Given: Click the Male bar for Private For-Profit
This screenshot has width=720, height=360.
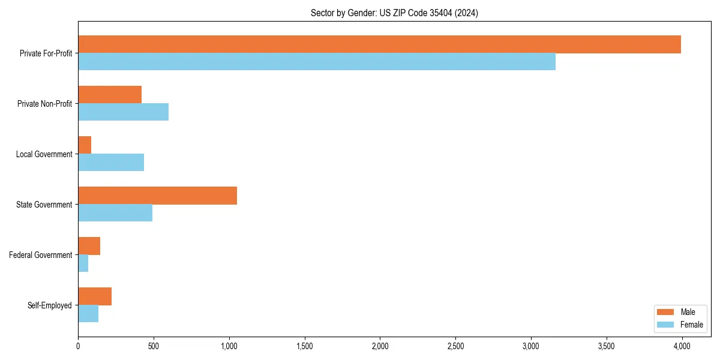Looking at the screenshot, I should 379,44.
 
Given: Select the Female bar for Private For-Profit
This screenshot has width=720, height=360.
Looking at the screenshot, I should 317,62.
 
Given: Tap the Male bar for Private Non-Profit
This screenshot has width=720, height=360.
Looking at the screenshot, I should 110,95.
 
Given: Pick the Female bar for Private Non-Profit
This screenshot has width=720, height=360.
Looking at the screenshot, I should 123,112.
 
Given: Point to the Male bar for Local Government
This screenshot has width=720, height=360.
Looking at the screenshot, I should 85,145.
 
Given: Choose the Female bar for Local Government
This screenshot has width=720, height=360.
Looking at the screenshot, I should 111,163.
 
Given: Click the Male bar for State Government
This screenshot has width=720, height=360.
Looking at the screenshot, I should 157,196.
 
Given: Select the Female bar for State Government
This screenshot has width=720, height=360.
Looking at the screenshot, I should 115,213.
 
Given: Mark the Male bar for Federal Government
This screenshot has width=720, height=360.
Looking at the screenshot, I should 89,246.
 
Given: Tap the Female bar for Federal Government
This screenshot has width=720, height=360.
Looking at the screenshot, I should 83,263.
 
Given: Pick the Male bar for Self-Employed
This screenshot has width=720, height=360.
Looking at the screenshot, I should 95,296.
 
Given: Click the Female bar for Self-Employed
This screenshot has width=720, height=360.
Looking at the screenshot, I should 88,314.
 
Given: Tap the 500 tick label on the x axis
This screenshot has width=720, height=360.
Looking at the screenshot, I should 154,346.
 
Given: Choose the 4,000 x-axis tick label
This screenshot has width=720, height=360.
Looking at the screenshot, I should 682,346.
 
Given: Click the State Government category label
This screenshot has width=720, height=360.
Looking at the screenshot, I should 44,205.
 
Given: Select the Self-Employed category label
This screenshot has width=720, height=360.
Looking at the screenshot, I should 50,305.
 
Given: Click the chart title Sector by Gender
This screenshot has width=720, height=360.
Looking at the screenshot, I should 394,13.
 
